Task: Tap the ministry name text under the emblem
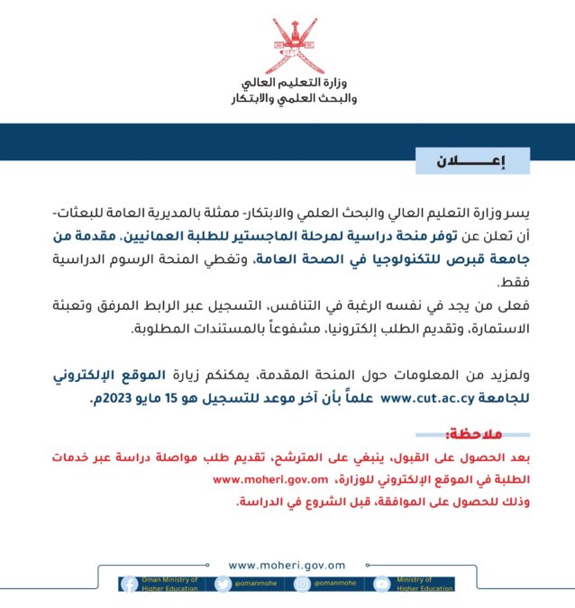287,90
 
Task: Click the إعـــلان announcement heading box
472,161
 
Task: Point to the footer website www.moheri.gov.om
287,565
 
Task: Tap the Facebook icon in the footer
129,584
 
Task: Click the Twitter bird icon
223,584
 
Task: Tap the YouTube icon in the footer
382,584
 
